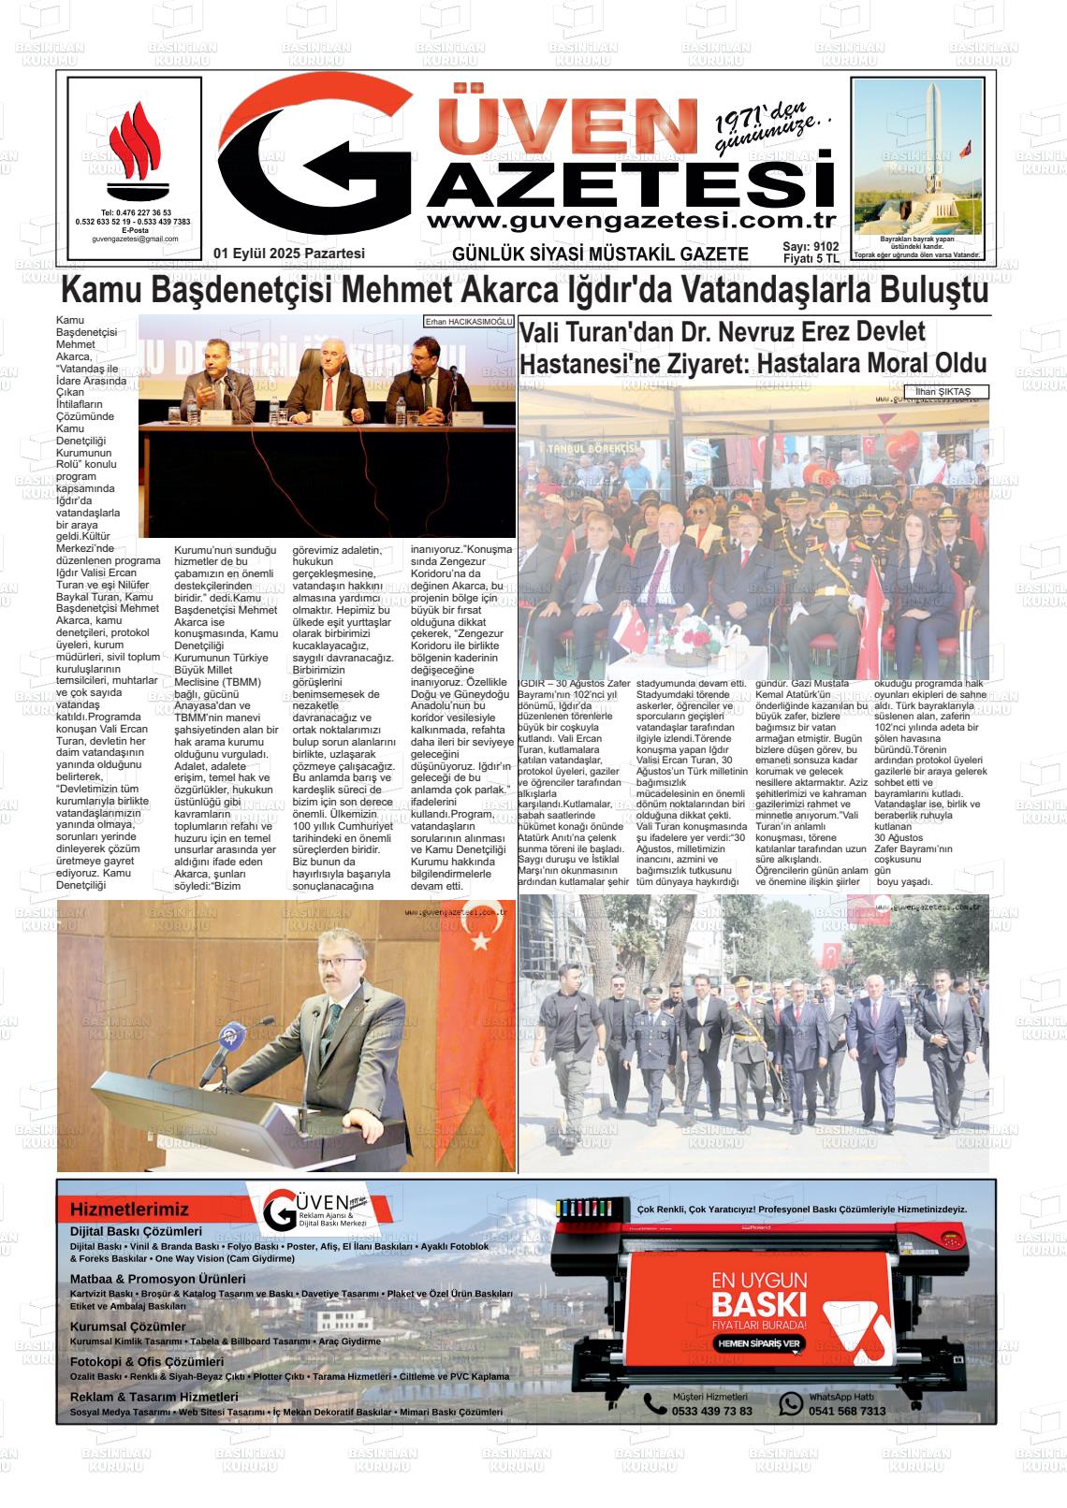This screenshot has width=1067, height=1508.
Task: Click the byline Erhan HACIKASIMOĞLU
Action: (468, 321)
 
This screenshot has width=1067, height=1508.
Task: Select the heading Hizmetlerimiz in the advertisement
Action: (129, 1210)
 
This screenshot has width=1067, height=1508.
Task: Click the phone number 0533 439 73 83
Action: (711, 1411)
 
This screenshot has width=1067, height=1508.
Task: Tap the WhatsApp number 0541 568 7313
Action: (847, 1411)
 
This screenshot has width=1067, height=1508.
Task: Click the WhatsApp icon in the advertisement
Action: (791, 1403)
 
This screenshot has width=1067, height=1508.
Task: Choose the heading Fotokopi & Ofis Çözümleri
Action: (147, 1362)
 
